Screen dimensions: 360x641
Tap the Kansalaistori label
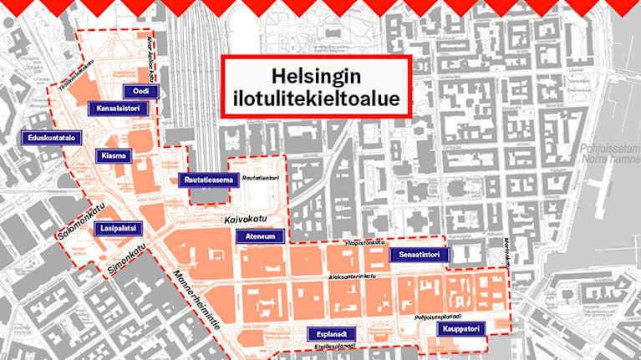click(x=117, y=109)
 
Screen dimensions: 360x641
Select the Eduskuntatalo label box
click(x=51, y=137)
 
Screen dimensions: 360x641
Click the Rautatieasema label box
click(x=205, y=180)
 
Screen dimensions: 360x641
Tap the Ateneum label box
click(x=264, y=236)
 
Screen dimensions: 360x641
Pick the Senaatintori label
click(x=420, y=253)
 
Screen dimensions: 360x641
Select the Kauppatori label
click(x=460, y=330)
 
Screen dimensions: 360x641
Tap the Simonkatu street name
click(x=127, y=258)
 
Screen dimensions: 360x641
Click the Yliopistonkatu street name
click(x=362, y=242)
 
